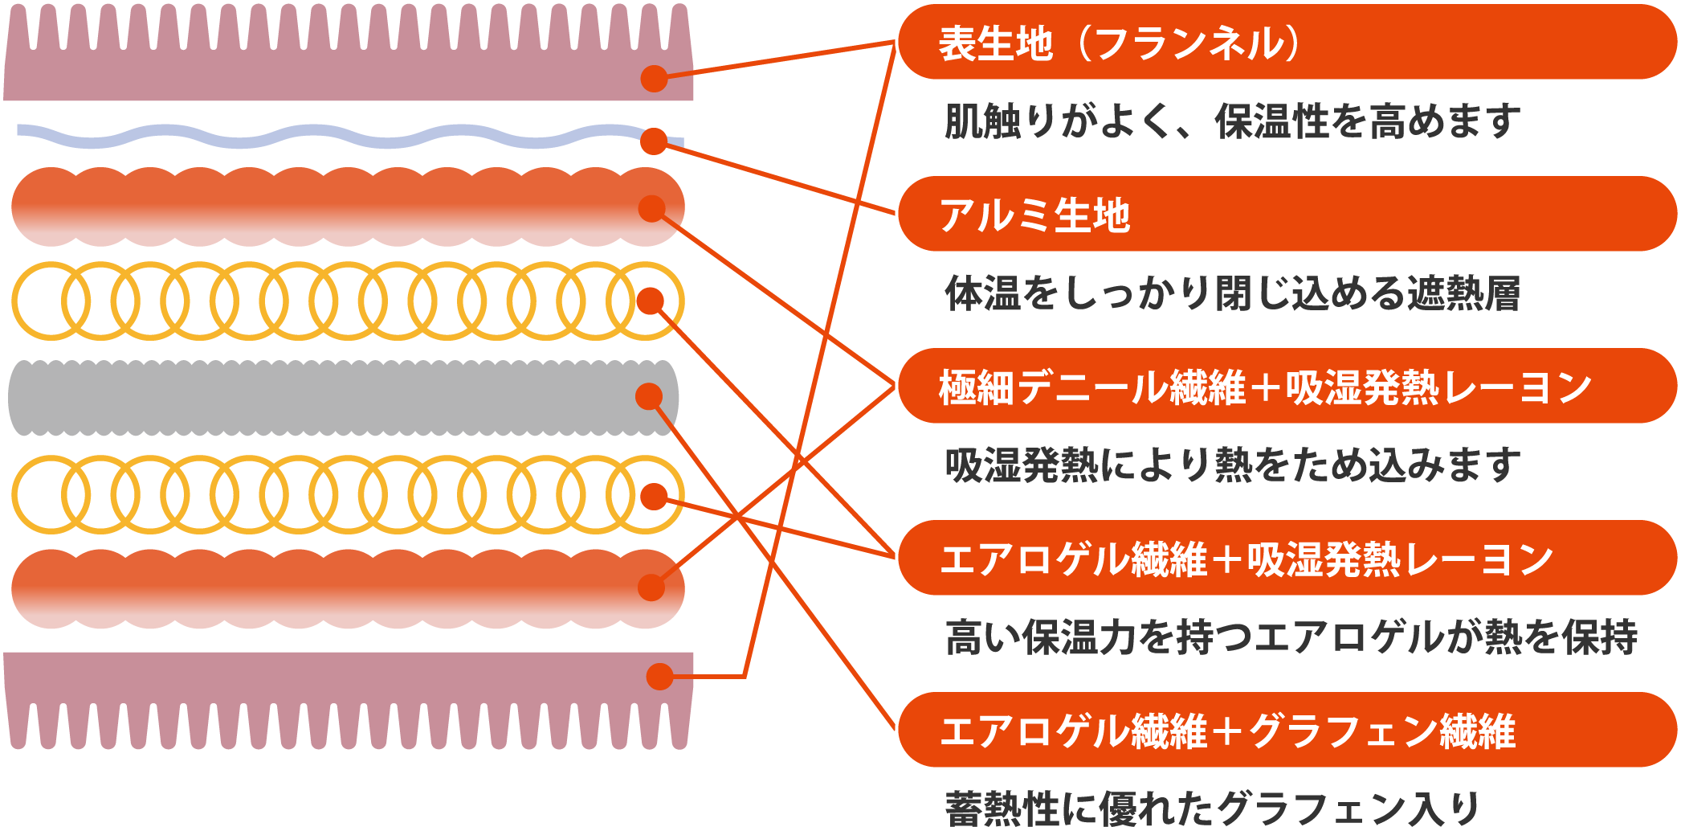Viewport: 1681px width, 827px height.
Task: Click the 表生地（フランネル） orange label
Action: (1285, 43)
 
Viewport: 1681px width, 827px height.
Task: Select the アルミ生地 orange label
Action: (1285, 215)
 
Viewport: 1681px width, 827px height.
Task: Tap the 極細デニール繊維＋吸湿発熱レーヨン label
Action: (1285, 387)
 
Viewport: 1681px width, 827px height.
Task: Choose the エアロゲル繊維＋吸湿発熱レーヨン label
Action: (1285, 559)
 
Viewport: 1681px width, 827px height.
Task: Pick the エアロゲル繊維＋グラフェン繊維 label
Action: (1285, 731)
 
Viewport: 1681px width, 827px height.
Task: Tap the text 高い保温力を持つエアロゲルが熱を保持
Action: (1290, 637)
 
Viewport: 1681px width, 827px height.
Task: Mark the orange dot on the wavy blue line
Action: (654, 141)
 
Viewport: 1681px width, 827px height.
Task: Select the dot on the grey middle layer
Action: (649, 396)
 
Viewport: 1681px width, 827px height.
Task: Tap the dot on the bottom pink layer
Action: (660, 677)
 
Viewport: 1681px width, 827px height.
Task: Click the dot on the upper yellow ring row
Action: (650, 301)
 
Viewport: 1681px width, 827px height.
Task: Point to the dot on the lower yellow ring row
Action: (655, 497)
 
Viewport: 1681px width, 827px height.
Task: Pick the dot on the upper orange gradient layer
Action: (651, 209)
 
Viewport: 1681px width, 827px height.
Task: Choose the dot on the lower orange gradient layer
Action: (651, 587)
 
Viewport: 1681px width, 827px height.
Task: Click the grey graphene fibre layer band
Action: (321, 398)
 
